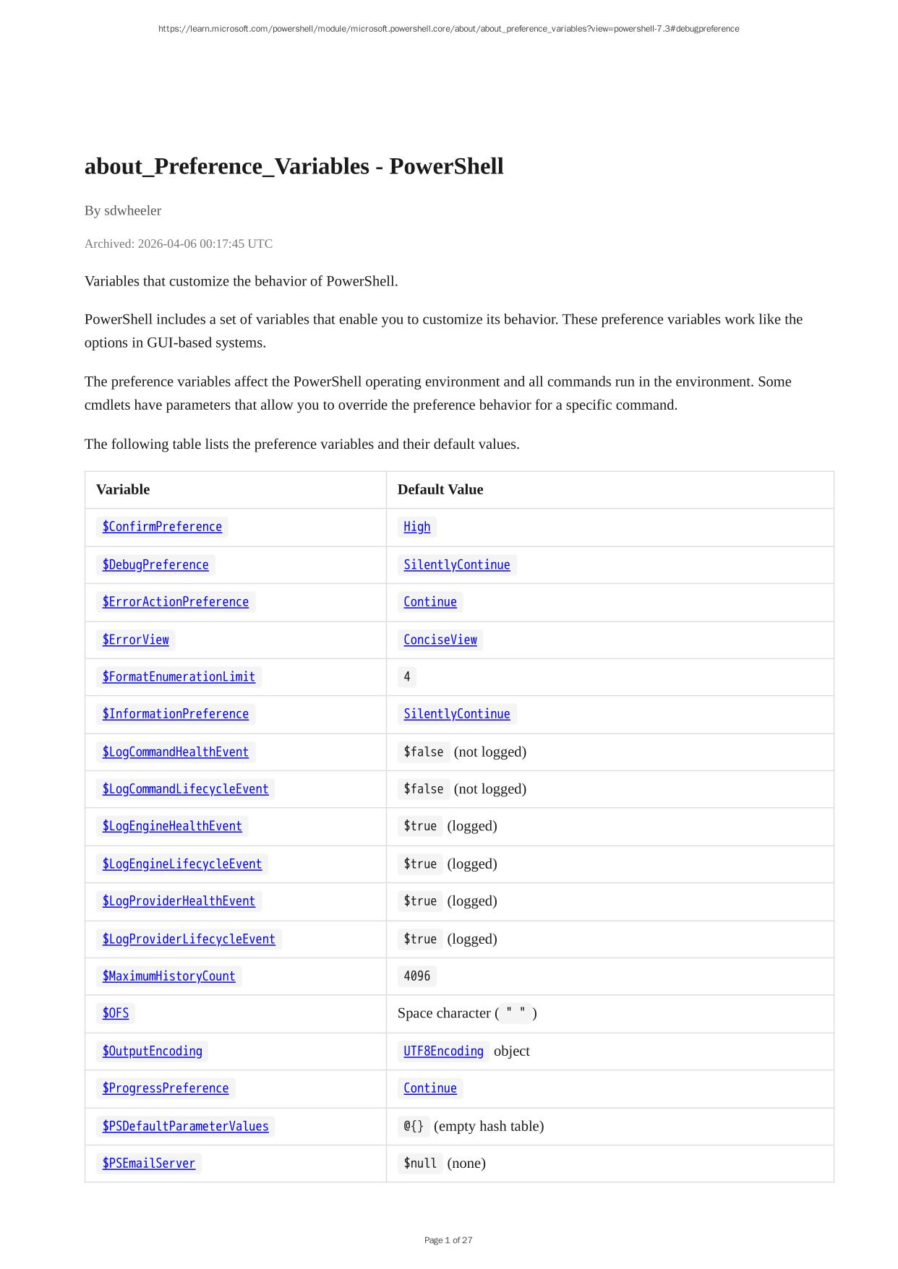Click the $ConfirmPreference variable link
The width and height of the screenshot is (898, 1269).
click(162, 527)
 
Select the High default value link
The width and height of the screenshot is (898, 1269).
click(416, 527)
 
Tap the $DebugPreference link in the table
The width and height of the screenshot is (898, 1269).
click(155, 564)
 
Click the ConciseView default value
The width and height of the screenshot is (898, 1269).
click(440, 640)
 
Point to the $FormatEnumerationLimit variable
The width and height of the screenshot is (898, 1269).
click(179, 676)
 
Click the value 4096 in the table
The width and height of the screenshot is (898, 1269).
click(416, 976)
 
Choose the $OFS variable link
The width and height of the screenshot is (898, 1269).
click(116, 1013)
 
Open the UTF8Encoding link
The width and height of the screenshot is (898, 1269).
click(443, 1051)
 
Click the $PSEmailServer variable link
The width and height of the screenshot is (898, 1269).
click(149, 1163)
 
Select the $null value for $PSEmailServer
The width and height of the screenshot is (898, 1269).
click(420, 1163)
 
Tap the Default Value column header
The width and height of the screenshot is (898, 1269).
click(440, 489)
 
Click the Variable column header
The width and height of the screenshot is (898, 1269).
click(123, 489)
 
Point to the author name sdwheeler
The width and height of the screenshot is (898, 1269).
click(132, 210)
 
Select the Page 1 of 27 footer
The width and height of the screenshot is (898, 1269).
click(448, 1240)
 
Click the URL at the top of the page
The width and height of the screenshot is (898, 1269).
click(448, 29)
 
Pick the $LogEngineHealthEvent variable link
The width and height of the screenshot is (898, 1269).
click(172, 826)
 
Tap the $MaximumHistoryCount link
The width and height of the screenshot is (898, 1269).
click(168, 976)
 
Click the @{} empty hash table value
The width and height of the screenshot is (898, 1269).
click(414, 1126)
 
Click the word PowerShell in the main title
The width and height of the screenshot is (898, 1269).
click(446, 166)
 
